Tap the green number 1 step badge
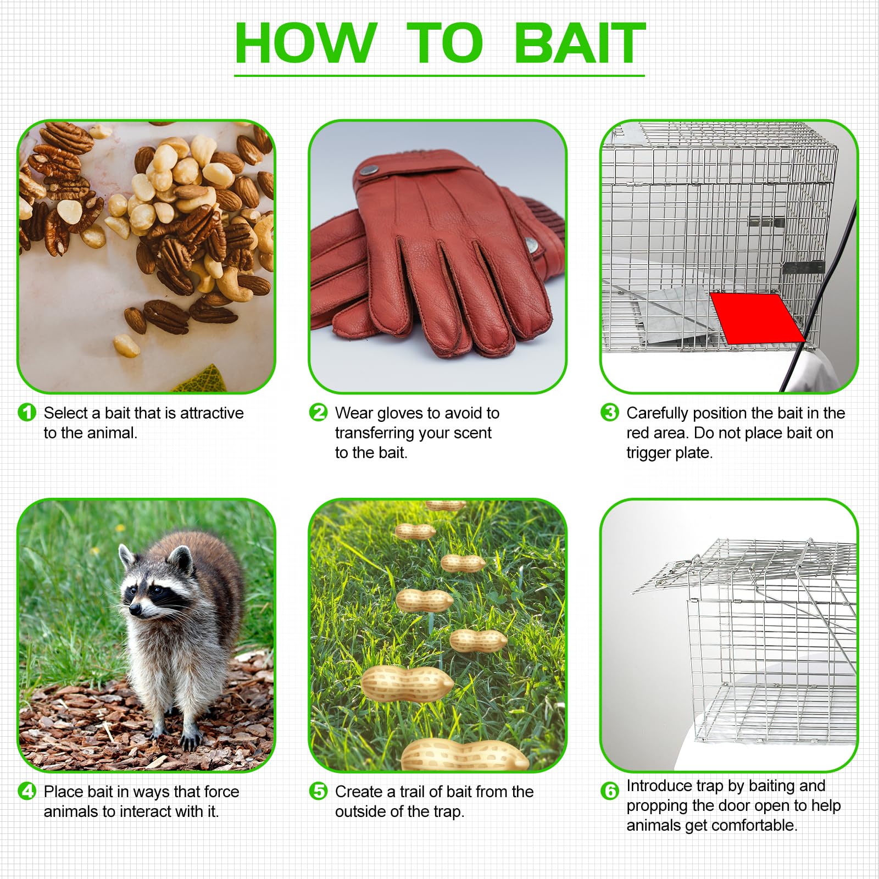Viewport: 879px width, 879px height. coord(27,412)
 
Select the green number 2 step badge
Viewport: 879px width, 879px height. coord(318,412)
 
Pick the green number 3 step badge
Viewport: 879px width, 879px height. coord(609,412)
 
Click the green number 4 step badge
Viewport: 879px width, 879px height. coord(27,791)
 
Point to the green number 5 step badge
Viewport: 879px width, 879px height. coord(318,791)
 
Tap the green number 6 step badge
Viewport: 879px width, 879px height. coord(609,791)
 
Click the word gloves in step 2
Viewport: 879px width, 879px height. coord(404,414)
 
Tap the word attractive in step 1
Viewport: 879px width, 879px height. coord(212,413)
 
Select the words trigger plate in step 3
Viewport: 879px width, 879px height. coord(670,453)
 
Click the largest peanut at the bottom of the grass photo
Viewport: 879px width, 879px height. coord(465,755)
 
